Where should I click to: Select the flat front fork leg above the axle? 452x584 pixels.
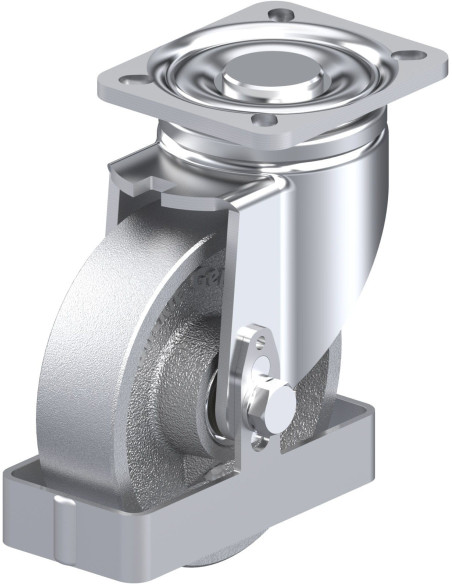(x=256, y=260)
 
